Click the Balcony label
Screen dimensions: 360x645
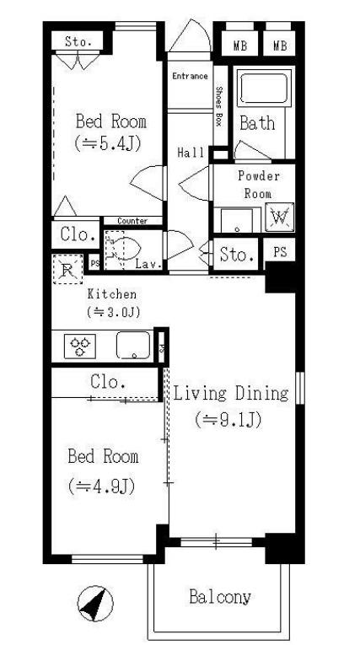pos(219,596)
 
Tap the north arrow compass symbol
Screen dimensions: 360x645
pos(95,604)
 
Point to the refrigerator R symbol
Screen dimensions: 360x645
pos(68,270)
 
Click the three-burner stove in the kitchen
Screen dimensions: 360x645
pos(80,346)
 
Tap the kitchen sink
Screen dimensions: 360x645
pos(133,345)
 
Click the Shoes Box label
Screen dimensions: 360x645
pos(220,106)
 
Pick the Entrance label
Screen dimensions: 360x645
pos(190,76)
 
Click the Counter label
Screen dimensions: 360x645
pos(132,221)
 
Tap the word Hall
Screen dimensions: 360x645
pos(191,153)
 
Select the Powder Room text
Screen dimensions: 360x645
pos(258,185)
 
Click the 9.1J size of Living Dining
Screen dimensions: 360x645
pos(228,420)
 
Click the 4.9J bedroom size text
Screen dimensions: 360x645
pos(101,486)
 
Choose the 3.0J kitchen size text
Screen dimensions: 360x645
pos(114,311)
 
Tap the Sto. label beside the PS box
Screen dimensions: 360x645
pos(236,255)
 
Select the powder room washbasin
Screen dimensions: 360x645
pos(237,220)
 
